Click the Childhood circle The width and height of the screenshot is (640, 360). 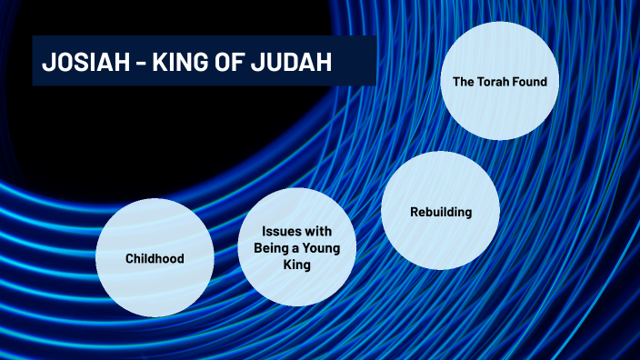point(155,258)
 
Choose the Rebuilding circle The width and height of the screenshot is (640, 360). point(440,211)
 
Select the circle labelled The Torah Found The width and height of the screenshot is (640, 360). point(499,82)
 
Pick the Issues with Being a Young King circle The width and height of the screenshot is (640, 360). point(295,247)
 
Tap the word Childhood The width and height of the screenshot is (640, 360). point(155,258)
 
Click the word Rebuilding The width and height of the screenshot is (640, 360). point(440,212)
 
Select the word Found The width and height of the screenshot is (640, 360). point(531,82)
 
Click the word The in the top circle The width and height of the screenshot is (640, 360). point(464,82)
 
